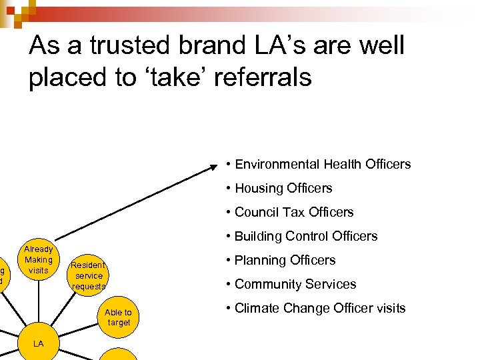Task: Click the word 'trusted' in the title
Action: click(x=127, y=46)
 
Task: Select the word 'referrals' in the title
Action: click(x=259, y=78)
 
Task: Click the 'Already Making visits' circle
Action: click(x=39, y=259)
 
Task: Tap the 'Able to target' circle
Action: click(x=118, y=317)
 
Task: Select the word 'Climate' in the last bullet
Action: click(x=257, y=308)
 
